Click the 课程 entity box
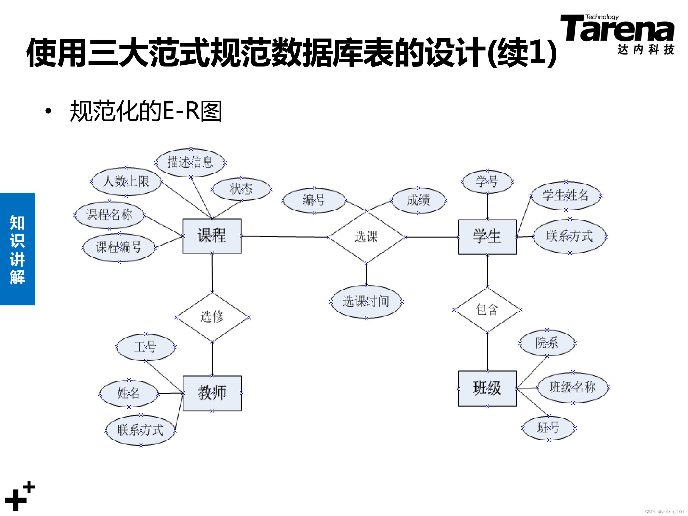click(x=212, y=236)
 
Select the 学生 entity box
click(x=487, y=237)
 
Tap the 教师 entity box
click(x=212, y=393)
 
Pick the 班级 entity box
click(x=487, y=388)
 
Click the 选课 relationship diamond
click(x=366, y=237)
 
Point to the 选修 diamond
click(x=212, y=317)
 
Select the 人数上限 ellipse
click(x=126, y=181)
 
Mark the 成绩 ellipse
click(x=418, y=200)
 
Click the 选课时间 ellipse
click(x=366, y=301)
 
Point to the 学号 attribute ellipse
click(x=487, y=182)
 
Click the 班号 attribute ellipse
click(x=549, y=428)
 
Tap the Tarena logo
click(x=617, y=34)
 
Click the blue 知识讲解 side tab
click(x=17, y=249)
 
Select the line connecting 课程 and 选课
click(x=285, y=237)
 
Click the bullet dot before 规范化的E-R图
click(x=48, y=111)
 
